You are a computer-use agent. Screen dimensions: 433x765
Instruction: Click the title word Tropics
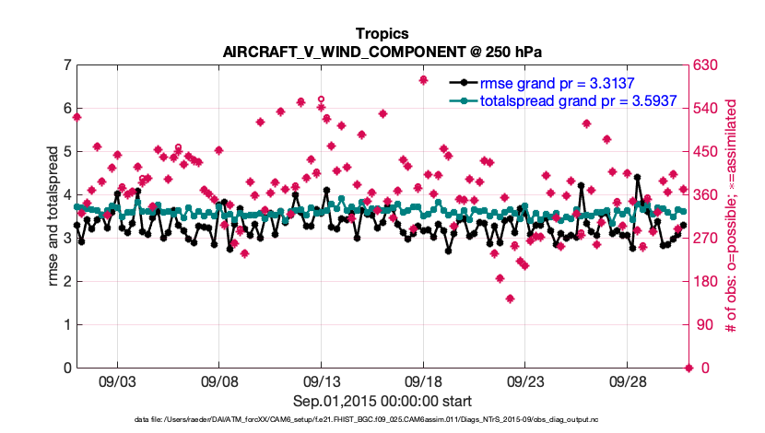(x=382, y=34)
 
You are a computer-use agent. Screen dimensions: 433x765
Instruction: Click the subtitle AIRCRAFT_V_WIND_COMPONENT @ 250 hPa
(x=382, y=52)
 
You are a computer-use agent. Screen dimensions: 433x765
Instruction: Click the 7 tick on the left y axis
(x=67, y=65)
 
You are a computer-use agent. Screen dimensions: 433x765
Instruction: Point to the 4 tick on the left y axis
(x=67, y=195)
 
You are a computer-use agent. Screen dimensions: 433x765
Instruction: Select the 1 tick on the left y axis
(x=67, y=325)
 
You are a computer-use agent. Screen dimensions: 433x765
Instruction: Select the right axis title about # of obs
(x=731, y=216)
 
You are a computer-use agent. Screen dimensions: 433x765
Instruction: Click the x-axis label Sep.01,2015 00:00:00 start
(x=382, y=402)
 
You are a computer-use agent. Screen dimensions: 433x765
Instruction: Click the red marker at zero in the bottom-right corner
(x=688, y=368)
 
